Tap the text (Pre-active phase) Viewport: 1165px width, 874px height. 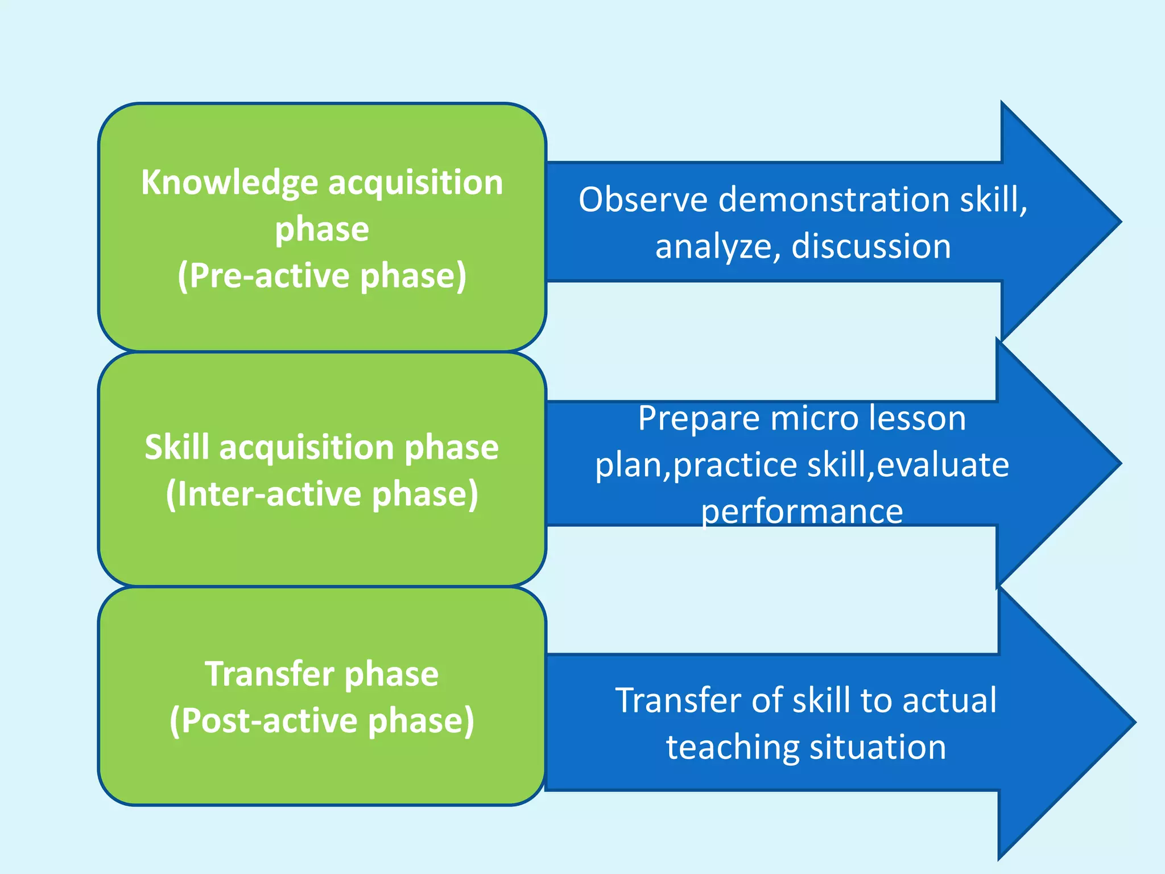[322, 276]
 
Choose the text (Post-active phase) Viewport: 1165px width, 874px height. [322, 721]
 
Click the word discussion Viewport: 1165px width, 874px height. [871, 246]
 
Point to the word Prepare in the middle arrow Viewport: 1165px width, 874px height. [699, 419]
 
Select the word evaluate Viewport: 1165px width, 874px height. [943, 465]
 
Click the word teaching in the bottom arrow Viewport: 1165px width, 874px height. [732, 747]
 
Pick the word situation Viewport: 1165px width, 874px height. [878, 747]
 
